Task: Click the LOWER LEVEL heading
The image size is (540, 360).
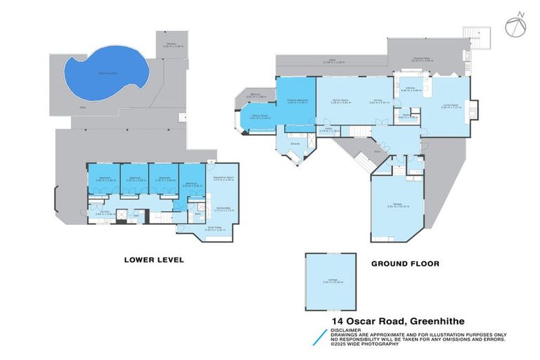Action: pos(153,260)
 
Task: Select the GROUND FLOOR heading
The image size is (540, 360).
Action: pos(405,264)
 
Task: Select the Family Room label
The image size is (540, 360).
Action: pos(341,101)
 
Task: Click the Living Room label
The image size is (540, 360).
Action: pos(449,106)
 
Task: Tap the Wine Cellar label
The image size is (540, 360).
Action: pos(192,229)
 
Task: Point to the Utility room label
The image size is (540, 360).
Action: pos(330,130)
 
